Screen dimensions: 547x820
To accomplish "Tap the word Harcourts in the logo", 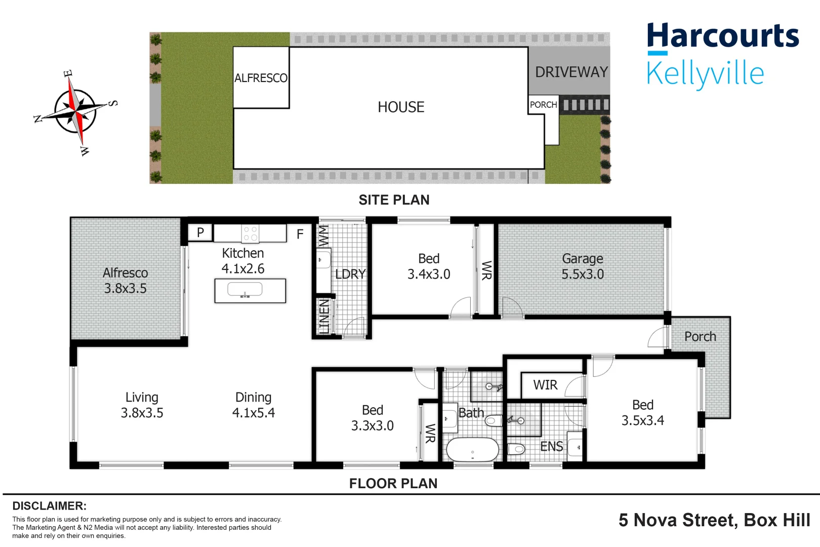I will click(x=722, y=36).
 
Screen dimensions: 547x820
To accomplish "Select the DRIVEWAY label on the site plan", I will click(x=571, y=72).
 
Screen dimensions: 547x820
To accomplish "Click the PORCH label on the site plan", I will click(x=543, y=105).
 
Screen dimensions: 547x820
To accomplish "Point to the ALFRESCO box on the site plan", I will click(x=261, y=78).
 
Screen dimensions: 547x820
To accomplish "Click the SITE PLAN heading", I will click(x=394, y=200).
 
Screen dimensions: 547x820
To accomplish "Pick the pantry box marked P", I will click(x=200, y=232).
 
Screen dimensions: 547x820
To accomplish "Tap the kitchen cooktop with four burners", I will click(x=250, y=233).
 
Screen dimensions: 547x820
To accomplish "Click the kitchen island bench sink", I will click(x=245, y=290).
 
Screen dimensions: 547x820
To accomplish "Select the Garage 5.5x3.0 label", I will click(x=582, y=266).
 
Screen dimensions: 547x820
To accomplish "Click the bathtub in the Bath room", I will click(x=472, y=449).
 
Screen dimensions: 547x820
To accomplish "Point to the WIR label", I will click(x=545, y=385).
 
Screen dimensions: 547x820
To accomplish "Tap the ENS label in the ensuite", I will click(x=551, y=447).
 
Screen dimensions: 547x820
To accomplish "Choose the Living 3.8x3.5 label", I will click(x=142, y=405).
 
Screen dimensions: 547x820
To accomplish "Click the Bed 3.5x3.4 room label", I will click(x=642, y=413).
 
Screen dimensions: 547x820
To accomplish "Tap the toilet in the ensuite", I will click(x=516, y=449).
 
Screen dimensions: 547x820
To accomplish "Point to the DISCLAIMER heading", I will click(x=49, y=506).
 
